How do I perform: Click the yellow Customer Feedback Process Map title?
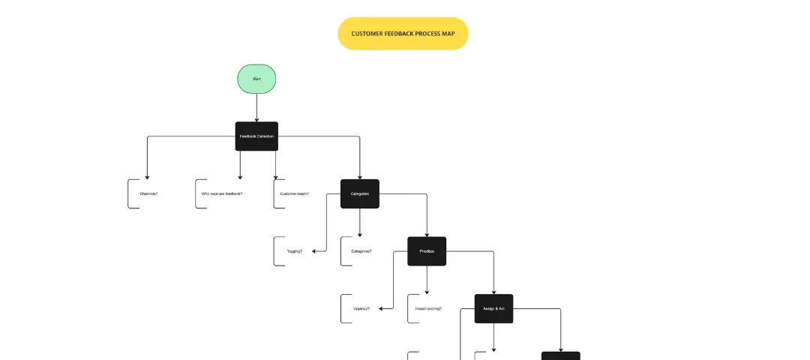tap(403, 34)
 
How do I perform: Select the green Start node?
tap(256, 79)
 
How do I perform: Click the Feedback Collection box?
tap(256, 136)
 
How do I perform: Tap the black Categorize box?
tap(360, 193)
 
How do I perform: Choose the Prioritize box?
tap(427, 251)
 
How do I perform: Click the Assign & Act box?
tap(493, 308)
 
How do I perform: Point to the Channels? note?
tap(148, 193)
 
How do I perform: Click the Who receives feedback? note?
tap(222, 193)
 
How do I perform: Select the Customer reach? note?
tap(294, 193)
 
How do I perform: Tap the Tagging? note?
tap(294, 251)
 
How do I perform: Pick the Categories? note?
tap(361, 251)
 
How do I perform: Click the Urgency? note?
tap(361, 308)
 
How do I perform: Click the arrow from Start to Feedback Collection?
tap(256, 106)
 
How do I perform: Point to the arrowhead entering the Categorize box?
tap(360, 176)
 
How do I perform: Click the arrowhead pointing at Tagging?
tap(315, 251)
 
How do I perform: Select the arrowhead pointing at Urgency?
tap(382, 308)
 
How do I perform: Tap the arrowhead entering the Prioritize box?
tap(427, 234)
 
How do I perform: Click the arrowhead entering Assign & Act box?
tap(493, 291)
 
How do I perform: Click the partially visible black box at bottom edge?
tap(561, 355)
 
